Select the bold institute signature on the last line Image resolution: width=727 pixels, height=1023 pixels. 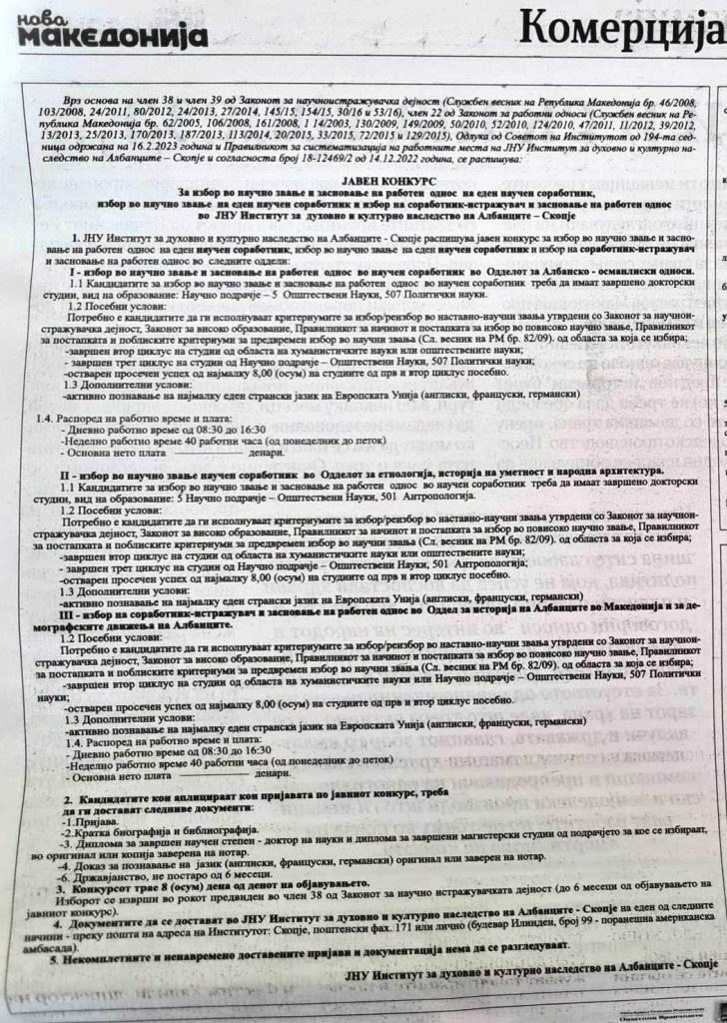pyautogui.click(x=529, y=998)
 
